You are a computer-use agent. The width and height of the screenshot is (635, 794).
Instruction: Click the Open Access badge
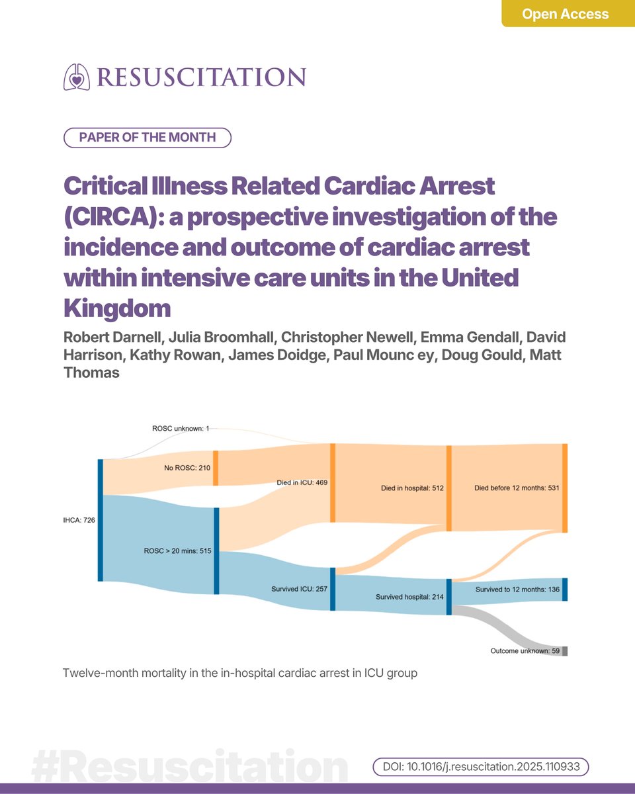point(566,14)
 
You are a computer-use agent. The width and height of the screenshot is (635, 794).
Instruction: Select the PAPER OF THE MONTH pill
point(147,138)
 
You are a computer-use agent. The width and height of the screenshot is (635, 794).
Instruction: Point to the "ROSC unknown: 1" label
point(180,429)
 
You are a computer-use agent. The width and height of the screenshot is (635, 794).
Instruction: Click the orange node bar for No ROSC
point(216,468)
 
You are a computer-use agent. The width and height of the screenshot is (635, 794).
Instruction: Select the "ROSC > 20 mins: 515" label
point(177,551)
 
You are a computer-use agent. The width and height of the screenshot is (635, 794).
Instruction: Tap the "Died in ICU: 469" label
point(302,483)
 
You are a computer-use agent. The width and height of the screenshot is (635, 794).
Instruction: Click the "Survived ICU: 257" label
point(300,588)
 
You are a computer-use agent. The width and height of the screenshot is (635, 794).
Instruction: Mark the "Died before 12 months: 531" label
point(517,488)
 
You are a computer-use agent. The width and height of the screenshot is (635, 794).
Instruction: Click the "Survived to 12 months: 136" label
point(517,588)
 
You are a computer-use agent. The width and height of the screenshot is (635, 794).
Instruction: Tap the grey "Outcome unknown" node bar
point(565,651)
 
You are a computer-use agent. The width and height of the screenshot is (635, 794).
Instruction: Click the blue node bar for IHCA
point(100,520)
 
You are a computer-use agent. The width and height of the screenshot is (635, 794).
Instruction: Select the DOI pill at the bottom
point(480,766)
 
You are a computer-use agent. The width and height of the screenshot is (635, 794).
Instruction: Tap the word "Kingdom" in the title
point(117,308)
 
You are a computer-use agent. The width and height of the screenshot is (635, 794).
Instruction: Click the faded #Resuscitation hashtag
point(189,767)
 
